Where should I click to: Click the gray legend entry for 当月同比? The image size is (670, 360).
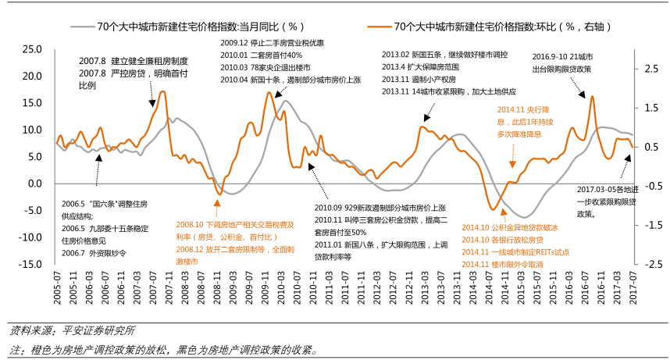(211, 27)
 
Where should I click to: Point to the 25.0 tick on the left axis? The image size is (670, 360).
(31, 49)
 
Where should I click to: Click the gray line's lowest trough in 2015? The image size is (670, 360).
(526, 217)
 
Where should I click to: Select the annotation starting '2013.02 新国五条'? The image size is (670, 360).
(444, 55)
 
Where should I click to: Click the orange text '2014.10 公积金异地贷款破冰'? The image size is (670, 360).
(510, 227)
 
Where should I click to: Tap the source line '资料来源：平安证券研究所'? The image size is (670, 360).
(72, 330)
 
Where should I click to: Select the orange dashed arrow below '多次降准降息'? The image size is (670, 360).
(512, 160)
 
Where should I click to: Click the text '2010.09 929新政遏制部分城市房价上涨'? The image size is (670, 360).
(380, 208)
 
